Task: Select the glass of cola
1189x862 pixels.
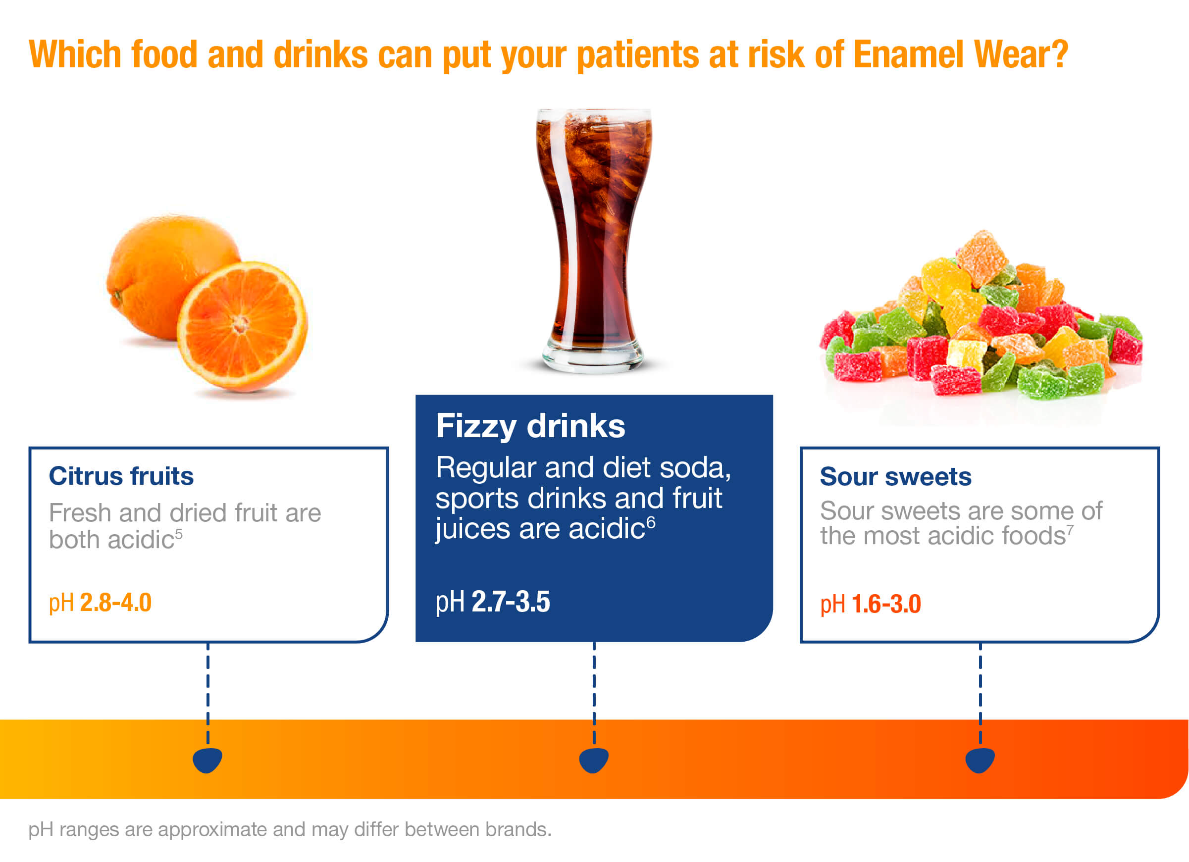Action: (x=593, y=241)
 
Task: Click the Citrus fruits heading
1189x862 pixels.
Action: (x=121, y=476)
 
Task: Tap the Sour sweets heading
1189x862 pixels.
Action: (x=895, y=477)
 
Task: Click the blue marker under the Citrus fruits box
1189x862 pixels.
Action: (x=207, y=761)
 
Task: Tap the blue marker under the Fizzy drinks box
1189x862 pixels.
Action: (x=594, y=761)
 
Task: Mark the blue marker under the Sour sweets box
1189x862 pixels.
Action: (x=981, y=761)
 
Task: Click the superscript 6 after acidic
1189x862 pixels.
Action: (x=651, y=523)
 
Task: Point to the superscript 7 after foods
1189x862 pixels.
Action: (x=1070, y=530)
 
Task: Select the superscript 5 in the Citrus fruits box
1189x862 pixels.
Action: (x=179, y=533)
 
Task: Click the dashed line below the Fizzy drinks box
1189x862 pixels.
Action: (x=594, y=693)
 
